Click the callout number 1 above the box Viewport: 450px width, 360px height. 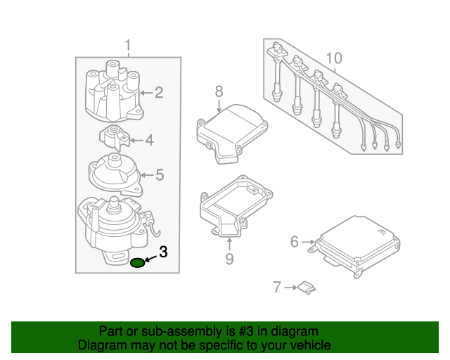tap(128, 46)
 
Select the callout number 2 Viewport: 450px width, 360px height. tap(159, 92)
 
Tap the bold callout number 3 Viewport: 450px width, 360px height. tap(163, 252)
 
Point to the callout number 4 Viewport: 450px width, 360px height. tap(149, 141)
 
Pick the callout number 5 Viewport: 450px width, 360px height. tap(160, 174)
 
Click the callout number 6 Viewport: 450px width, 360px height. tap(295, 242)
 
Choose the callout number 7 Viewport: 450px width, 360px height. tap(277, 287)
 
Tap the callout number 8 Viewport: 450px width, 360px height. tap(219, 91)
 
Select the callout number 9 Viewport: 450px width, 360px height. tap(229, 260)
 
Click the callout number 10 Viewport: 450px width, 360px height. tap(334, 58)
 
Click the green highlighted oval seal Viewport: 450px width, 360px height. tap(138, 263)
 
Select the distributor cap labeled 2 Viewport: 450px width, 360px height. tap(112, 93)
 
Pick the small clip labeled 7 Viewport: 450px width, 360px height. tap(305, 286)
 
